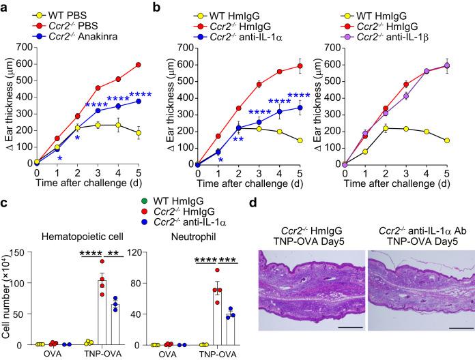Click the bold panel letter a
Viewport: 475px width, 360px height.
(5, 6)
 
